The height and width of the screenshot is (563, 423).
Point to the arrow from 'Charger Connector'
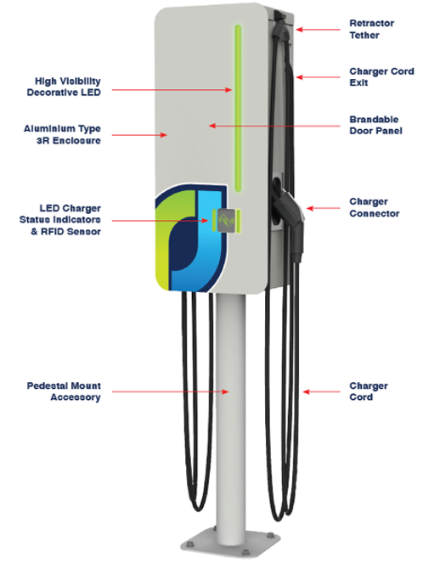[x=325, y=207]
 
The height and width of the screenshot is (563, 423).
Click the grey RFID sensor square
[x=223, y=222]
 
